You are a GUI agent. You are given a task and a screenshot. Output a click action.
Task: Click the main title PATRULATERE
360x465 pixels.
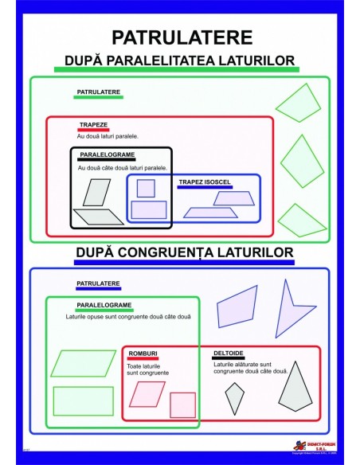click(x=182, y=37)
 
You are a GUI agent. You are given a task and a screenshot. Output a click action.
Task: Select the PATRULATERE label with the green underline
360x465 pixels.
click(x=98, y=92)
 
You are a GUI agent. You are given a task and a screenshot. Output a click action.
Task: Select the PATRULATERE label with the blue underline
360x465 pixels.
click(x=98, y=283)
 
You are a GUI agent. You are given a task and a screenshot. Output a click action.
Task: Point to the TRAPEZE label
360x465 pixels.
click(x=93, y=125)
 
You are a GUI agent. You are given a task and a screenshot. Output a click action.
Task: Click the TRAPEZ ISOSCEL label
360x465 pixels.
click(x=205, y=182)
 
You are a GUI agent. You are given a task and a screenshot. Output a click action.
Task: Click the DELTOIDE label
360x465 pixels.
click(x=229, y=353)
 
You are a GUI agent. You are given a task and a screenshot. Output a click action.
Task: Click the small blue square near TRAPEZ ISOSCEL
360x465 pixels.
click(x=146, y=189)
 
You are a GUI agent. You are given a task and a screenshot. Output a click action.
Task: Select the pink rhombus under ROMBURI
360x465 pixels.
click(x=146, y=393)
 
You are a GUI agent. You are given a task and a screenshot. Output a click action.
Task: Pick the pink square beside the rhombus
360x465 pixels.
click(x=182, y=404)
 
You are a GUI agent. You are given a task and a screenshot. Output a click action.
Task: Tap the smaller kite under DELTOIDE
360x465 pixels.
click(x=234, y=395)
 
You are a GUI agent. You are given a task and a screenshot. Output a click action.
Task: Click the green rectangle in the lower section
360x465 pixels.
click(x=83, y=401)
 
